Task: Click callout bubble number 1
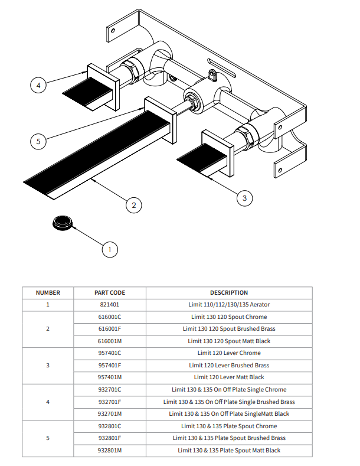coord(109,249)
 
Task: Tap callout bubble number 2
coord(134,206)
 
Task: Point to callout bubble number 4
coord(38,86)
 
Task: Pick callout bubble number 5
coord(38,141)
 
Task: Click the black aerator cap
coord(62,223)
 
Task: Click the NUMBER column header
coord(48,292)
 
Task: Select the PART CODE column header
coord(110,292)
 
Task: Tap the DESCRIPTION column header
coord(229,292)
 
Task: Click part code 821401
coord(110,305)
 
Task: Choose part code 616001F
coord(110,329)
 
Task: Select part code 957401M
coord(110,377)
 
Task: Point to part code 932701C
coord(110,390)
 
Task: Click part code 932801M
coord(110,451)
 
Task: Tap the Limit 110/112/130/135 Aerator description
coord(229,305)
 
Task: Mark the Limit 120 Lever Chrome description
coord(229,353)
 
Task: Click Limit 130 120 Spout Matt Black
coord(229,341)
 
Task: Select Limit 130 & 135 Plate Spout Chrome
coord(229,426)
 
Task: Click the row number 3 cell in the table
coord(48,365)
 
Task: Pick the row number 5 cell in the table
coord(48,438)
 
